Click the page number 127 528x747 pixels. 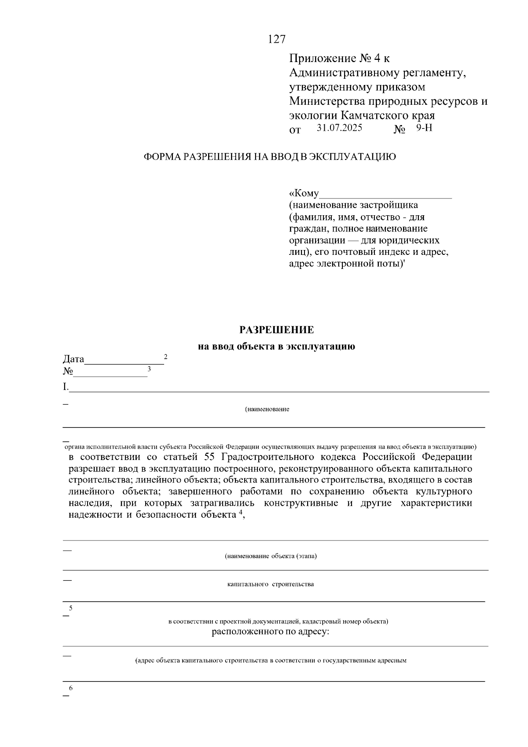tap(277, 40)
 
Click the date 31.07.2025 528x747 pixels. tap(339, 129)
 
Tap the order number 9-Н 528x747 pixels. tap(424, 129)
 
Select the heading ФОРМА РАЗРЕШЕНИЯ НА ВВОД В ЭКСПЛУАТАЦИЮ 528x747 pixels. tap(270, 157)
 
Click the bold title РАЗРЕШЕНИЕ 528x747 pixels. tap(277, 330)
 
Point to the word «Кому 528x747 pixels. tap(304, 193)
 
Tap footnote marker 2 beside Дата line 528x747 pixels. tap(165, 357)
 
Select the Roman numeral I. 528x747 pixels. tap(66, 387)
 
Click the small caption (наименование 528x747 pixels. tap(267, 409)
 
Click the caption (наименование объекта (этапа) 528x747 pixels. tap(271, 556)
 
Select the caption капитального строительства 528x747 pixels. tap(271, 584)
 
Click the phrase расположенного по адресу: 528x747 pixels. tap(271, 633)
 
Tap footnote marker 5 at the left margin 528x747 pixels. tap(70, 608)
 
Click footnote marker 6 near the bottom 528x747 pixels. tap(70, 688)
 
